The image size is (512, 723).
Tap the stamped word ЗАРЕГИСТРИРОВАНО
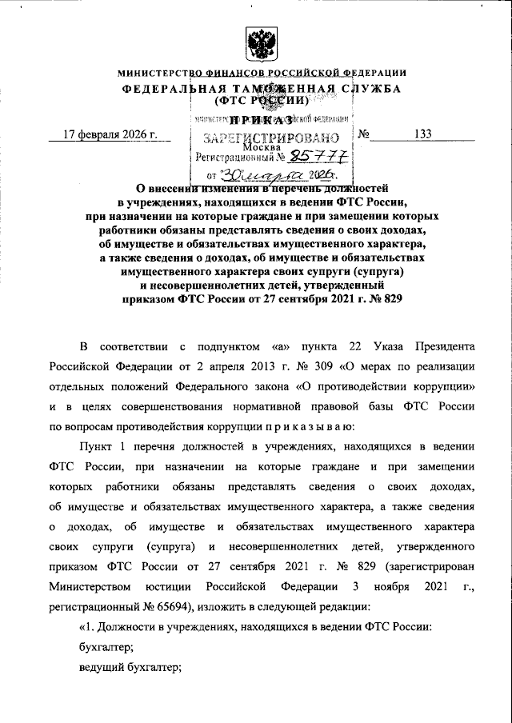266,137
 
